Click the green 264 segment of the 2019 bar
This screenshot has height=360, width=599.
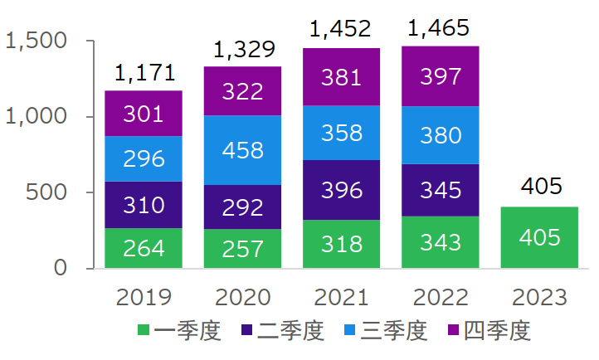pos(144,248)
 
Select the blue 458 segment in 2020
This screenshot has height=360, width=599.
pos(242,150)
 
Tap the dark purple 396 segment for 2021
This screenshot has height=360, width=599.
pos(341,190)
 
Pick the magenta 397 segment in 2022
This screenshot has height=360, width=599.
pos(440,76)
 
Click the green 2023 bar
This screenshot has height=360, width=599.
pos(539,237)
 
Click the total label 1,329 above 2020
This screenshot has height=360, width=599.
pos(242,50)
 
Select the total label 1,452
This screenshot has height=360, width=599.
pos(341,30)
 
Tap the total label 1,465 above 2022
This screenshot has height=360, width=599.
pos(440,28)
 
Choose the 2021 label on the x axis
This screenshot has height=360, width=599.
pos(341,297)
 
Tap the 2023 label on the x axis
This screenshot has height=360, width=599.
pos(539,297)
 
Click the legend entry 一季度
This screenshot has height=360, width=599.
pos(188,332)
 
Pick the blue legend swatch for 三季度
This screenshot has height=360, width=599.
pos(351,332)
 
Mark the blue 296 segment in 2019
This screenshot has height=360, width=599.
pos(144,158)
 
